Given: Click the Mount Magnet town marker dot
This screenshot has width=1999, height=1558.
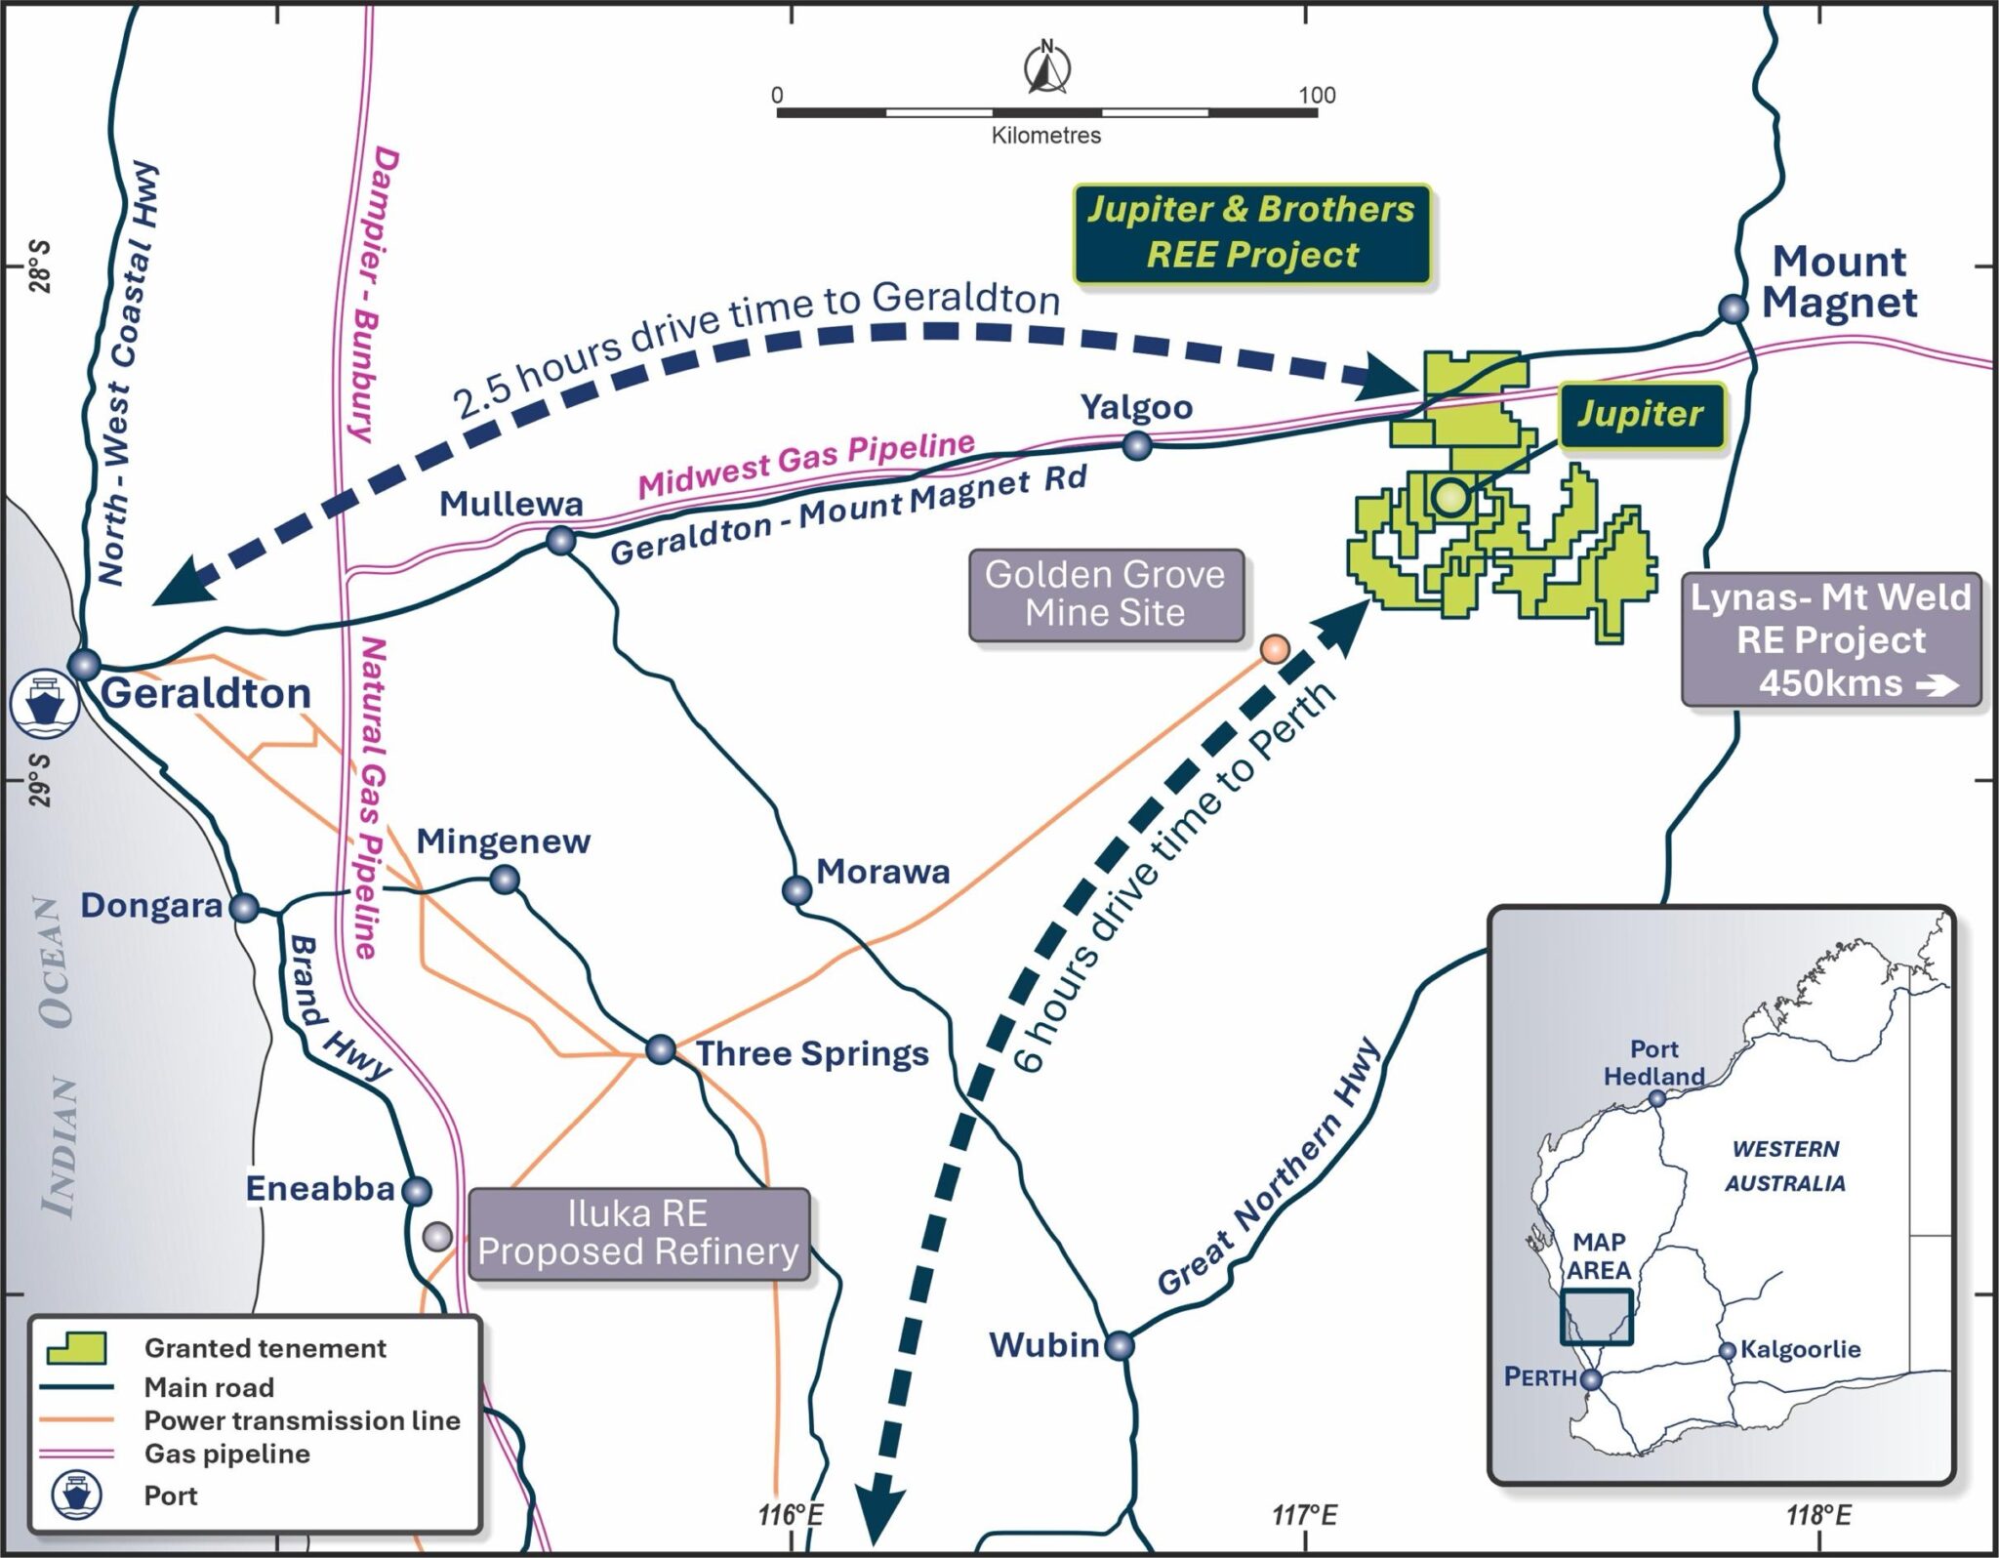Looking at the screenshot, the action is pos(1733,308).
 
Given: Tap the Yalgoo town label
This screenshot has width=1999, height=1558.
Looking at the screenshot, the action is pos(1136,407).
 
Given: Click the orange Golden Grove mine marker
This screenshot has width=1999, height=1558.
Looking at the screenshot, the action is pos(1275,649).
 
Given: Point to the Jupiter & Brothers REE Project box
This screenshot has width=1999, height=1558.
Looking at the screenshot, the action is pos(1252,233).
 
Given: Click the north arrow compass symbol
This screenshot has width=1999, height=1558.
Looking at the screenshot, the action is pos(1047,67).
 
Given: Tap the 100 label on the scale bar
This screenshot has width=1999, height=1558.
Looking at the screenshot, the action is pos(1317,95).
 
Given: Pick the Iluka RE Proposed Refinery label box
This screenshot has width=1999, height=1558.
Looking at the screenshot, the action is pos(639,1233).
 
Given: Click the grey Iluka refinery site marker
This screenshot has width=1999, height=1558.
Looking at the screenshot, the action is pos(437,1237).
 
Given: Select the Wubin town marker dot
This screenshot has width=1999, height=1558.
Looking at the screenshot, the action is pos(1120,1345).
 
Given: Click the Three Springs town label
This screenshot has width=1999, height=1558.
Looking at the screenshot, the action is pos(812,1054).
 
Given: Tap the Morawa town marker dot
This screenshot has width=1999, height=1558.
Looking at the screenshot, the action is pos(797,889).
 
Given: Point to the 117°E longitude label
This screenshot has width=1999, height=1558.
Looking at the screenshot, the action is pos(1305,1515).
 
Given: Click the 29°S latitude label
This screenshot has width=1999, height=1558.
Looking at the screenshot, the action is pos(41,780).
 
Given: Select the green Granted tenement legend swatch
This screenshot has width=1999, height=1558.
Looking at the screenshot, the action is pos(76,1348).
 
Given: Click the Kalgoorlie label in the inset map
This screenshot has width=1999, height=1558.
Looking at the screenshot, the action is pos(1801,1349).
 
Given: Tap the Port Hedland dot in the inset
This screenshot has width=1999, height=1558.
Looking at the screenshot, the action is pos(1656,1098).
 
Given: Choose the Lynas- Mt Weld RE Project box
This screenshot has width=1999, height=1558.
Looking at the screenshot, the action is pos(1831,639).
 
